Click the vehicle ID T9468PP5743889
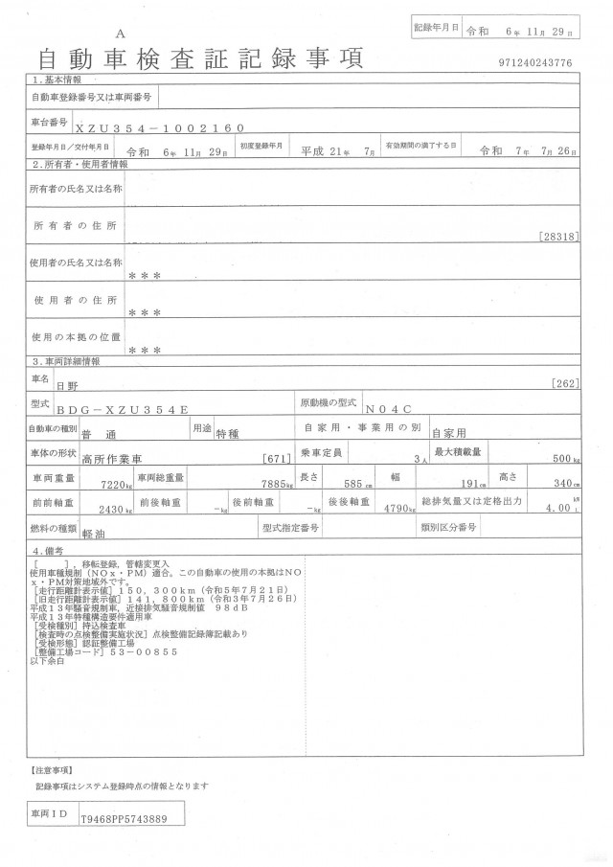click(x=124, y=819)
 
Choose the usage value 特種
click(x=230, y=433)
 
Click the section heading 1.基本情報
click(x=57, y=80)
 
